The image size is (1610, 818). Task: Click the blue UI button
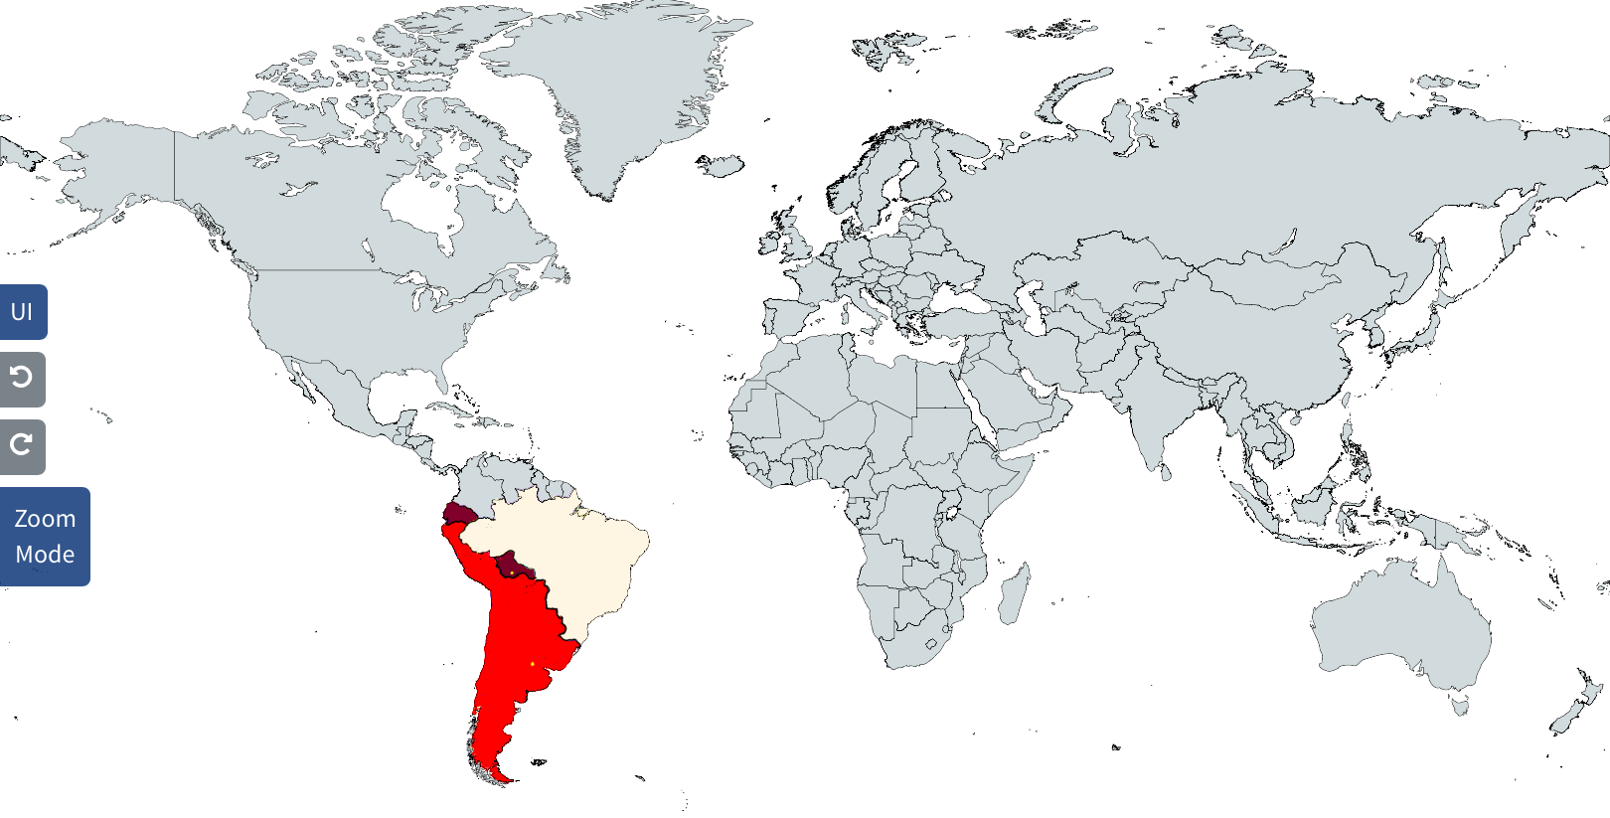pos(23,312)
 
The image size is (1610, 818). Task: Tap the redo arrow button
pos(22,446)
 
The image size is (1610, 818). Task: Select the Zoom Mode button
pos(45,537)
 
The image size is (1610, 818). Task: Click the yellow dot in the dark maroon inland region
pos(511,573)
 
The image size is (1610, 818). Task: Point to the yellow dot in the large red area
pos(533,663)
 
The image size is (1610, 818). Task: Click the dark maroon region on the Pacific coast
pos(457,514)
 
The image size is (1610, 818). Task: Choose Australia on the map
pos(1401,626)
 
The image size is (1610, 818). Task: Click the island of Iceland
pos(721,164)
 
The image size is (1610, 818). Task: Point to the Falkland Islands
pos(539,763)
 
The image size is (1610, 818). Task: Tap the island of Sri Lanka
pos(1166,473)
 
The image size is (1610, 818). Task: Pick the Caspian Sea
pos(1034,298)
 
